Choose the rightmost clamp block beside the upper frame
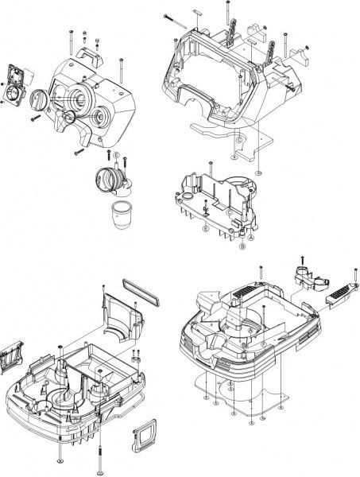(x=302, y=55)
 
